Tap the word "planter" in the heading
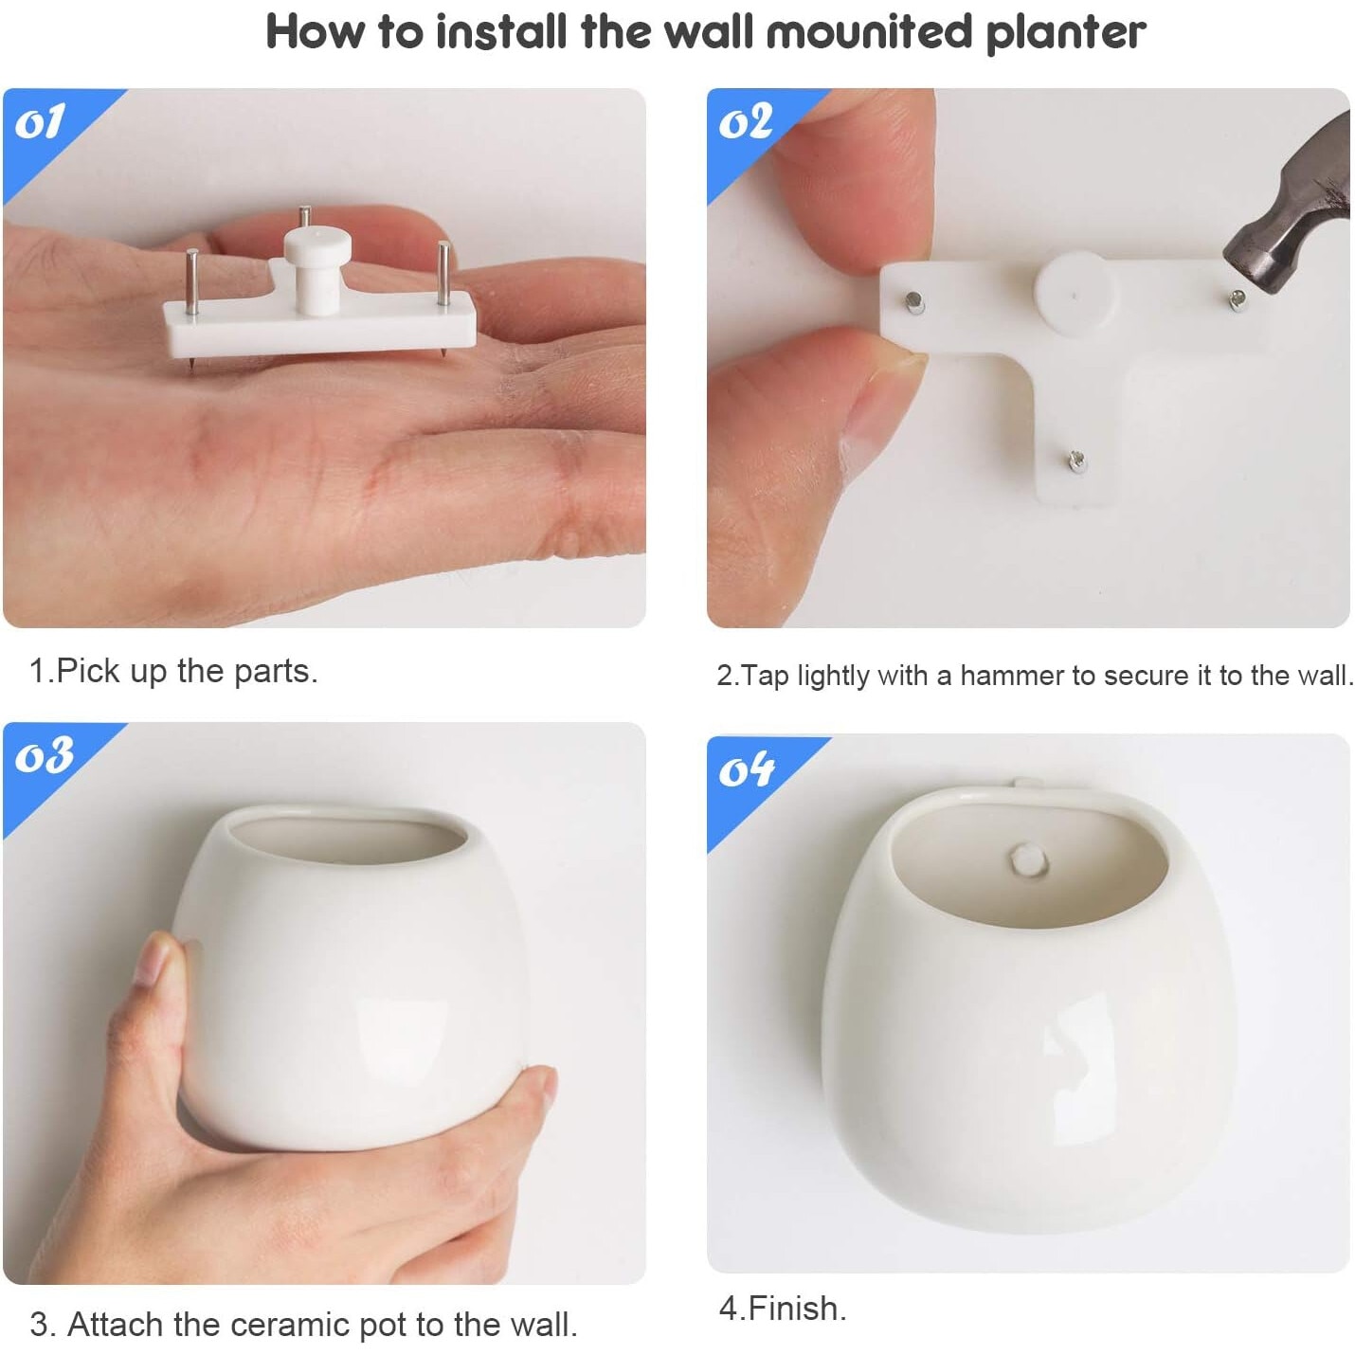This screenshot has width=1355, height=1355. (x=1066, y=34)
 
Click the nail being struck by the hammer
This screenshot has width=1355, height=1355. (x=1238, y=299)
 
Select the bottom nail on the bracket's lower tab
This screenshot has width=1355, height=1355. (x=1076, y=461)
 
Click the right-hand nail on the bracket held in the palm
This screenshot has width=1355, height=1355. (x=443, y=273)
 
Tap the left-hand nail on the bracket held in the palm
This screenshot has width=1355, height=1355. (x=192, y=281)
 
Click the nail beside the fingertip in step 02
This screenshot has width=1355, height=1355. (x=913, y=303)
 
